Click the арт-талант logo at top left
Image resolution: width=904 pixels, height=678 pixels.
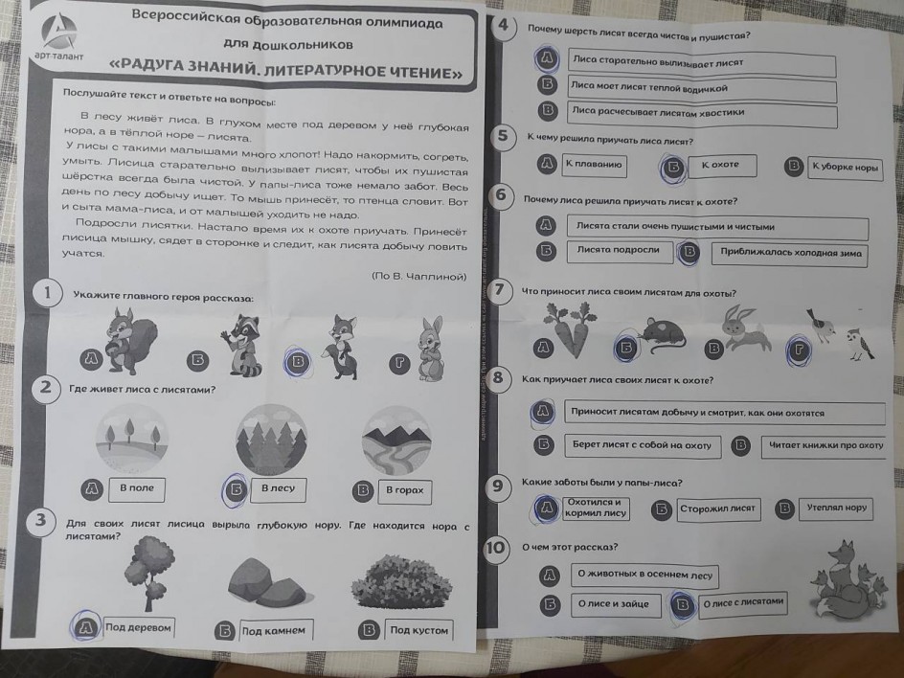point(58,37)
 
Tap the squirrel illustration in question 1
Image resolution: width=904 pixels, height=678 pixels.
point(131,340)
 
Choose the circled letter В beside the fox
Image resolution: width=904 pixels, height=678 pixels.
point(298,362)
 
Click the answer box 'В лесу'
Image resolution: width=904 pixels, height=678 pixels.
point(278,489)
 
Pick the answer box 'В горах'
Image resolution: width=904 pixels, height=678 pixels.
point(405,490)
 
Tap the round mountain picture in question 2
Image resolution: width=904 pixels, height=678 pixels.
point(396,441)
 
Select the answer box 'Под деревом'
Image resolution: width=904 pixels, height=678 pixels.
point(138,628)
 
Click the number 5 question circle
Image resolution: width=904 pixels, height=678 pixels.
point(504,137)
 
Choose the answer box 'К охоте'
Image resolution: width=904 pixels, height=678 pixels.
point(721,166)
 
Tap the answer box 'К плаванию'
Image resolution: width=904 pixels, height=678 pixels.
point(594,165)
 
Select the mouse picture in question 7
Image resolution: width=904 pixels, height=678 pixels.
point(661,333)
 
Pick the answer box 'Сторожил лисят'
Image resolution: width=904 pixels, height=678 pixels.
point(718,509)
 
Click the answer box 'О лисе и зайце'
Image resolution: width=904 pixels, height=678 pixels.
point(615,605)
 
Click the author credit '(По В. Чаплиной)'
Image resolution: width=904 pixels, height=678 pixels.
point(418,276)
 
